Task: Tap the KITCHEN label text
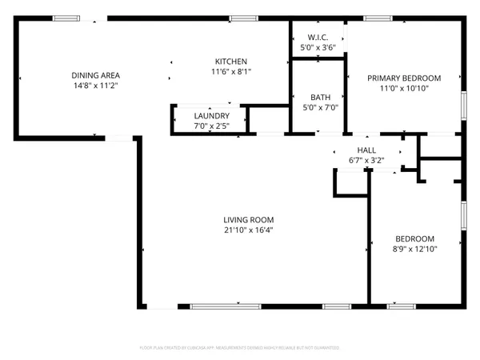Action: point(230,62)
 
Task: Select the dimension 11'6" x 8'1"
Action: point(230,71)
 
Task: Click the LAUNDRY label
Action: point(211,116)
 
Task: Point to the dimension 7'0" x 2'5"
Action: point(211,126)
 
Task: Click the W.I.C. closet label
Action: point(317,38)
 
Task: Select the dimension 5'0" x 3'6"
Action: point(317,47)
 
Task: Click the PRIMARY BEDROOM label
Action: point(404,78)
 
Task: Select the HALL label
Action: point(366,150)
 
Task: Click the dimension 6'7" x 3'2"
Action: point(366,160)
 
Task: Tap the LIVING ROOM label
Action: point(249,220)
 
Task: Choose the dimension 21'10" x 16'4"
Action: point(249,230)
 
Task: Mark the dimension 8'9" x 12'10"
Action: point(414,249)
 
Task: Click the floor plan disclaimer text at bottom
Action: point(240,348)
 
